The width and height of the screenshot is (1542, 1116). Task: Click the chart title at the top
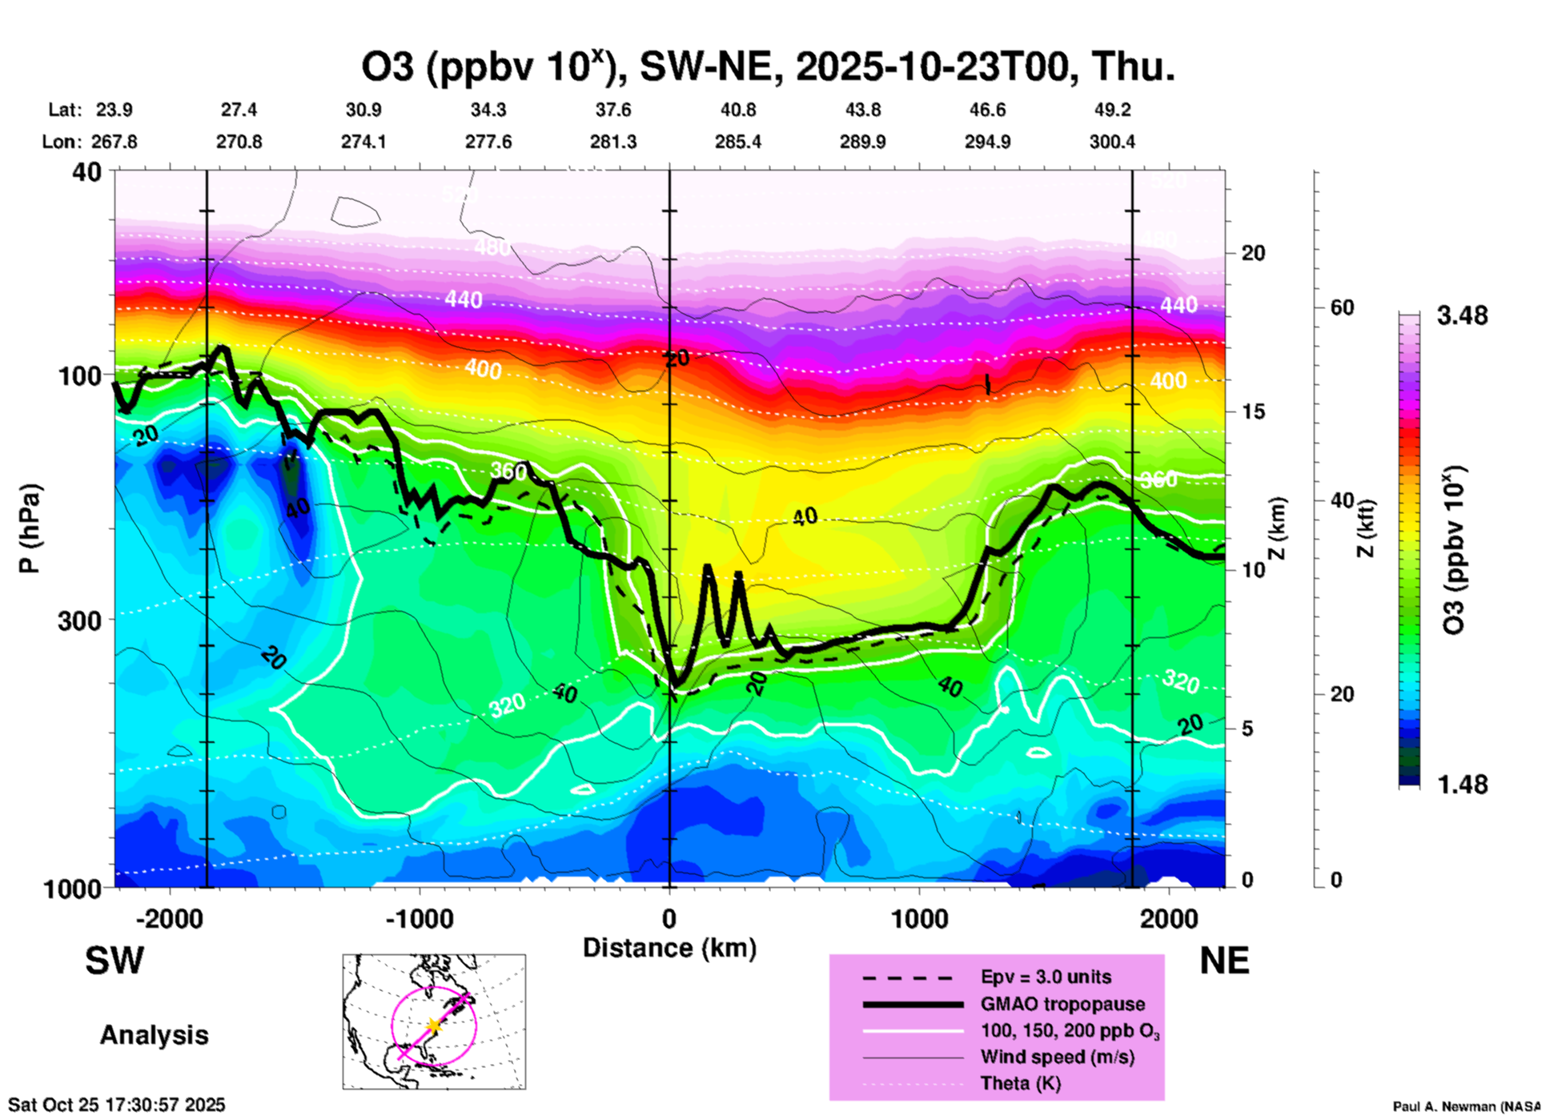(769, 67)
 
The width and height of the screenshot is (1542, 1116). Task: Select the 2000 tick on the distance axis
(1169, 919)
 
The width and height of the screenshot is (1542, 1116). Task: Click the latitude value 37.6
(613, 110)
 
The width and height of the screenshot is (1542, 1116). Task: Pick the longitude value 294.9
(987, 142)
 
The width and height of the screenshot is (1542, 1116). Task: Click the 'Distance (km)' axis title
(669, 948)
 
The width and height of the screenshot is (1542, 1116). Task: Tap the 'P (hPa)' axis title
(30, 528)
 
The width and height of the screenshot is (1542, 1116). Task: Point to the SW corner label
(114, 961)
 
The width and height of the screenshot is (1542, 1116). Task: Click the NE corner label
(1224, 961)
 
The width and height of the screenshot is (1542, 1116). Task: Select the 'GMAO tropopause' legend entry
(1062, 1004)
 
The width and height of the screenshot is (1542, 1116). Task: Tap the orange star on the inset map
(433, 1026)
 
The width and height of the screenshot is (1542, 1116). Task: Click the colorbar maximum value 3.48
(1462, 316)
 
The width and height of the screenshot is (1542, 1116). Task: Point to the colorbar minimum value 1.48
(1462, 785)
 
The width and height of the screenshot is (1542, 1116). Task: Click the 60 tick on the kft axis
(1342, 307)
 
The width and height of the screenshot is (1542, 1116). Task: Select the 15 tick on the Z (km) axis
(1253, 411)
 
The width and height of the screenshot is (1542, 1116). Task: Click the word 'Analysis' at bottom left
(154, 1035)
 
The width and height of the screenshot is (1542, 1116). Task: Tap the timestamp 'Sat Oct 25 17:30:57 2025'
(117, 1105)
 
